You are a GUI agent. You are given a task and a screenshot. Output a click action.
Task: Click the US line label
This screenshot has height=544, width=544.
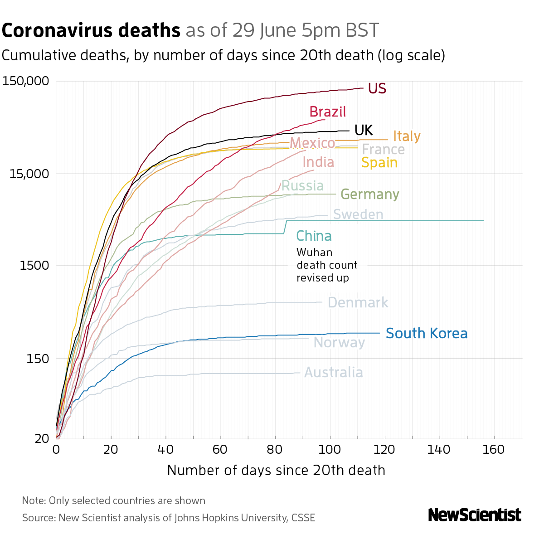(377, 88)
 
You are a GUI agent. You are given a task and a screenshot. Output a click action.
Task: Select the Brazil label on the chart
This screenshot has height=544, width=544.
(327, 112)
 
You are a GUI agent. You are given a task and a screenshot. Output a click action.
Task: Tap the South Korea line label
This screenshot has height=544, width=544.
(426, 334)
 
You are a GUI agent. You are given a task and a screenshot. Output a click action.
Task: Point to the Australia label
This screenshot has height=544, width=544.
(333, 373)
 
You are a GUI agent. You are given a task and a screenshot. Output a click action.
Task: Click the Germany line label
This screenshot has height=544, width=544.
(369, 194)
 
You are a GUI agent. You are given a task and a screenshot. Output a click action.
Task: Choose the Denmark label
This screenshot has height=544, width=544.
(358, 303)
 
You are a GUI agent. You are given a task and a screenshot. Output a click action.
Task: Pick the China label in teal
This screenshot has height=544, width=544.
(314, 236)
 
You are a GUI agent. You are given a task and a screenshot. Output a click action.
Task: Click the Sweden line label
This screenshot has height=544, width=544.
(358, 214)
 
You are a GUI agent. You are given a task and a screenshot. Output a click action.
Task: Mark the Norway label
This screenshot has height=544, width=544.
(339, 343)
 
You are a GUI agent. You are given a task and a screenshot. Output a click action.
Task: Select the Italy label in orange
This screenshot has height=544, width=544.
(407, 136)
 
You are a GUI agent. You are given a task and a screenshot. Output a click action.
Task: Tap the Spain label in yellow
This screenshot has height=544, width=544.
(379, 162)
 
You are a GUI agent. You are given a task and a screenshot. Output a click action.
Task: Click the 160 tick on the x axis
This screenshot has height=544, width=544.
(494, 450)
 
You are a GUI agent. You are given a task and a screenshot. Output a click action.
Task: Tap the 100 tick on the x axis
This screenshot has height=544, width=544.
(330, 450)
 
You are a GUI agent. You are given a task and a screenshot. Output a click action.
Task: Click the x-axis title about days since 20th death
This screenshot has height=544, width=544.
(276, 470)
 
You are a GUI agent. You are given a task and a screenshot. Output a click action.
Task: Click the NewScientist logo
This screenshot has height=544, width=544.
(475, 515)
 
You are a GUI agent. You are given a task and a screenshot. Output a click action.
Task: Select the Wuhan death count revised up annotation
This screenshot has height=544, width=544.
(326, 265)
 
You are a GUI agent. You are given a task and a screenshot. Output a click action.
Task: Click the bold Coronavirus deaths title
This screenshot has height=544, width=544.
(91, 31)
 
